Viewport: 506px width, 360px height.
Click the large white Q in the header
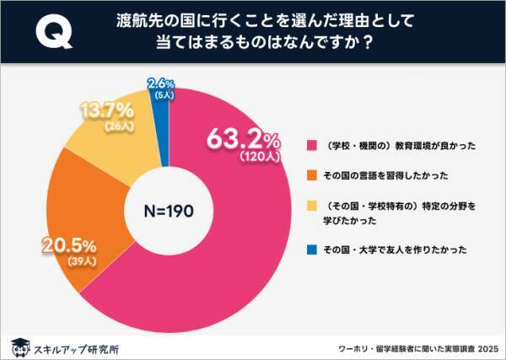53,33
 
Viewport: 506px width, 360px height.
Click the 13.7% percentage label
106,111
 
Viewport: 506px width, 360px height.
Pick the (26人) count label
106,127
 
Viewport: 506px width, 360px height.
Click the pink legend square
312,145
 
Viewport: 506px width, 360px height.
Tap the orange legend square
312,175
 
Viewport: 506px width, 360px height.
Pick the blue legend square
312,249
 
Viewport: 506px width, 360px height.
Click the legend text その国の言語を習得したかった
377,175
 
